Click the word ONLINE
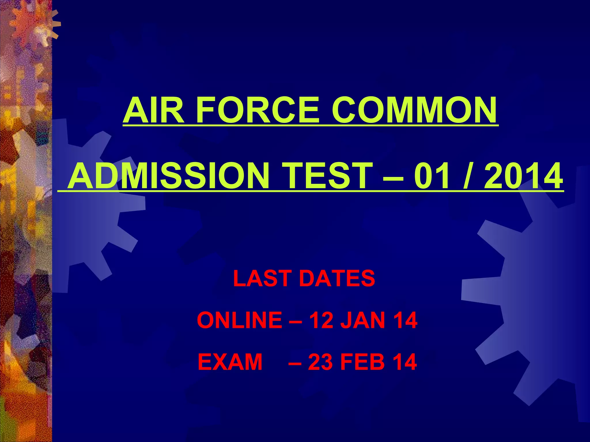pos(239,320)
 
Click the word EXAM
pos(230,362)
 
